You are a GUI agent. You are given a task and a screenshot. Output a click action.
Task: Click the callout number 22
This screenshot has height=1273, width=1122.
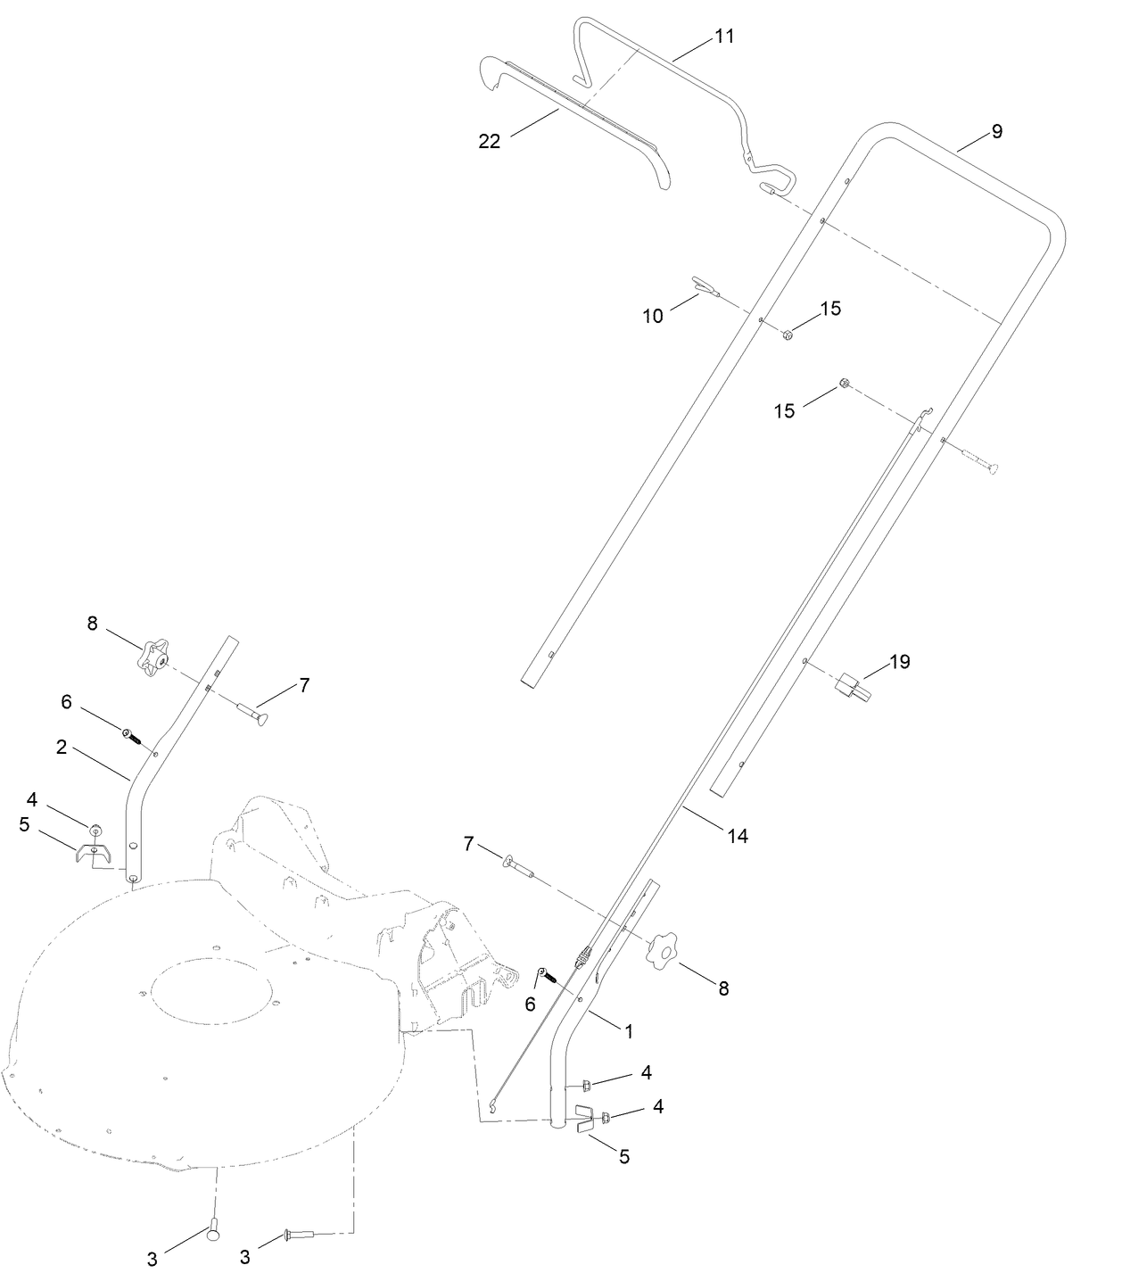[x=490, y=141]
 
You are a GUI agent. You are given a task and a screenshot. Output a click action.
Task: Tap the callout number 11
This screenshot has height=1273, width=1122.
[x=724, y=37]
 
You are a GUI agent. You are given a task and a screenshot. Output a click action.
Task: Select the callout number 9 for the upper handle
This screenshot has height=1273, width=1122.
[x=996, y=131]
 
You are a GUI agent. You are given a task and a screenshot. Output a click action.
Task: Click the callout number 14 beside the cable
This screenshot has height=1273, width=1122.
[x=737, y=836]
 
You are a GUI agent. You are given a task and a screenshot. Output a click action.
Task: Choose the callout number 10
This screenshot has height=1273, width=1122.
[x=653, y=316]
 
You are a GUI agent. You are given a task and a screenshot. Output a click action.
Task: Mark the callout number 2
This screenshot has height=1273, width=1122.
[x=62, y=747]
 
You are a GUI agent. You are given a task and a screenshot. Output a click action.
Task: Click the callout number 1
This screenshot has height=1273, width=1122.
[x=628, y=1031]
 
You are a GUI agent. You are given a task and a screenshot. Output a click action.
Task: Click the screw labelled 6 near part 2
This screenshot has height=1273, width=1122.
[x=133, y=736]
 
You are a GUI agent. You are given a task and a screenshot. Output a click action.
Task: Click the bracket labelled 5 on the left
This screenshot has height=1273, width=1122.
[x=92, y=855]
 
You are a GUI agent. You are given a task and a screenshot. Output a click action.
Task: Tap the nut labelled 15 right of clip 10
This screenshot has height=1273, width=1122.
[x=788, y=335]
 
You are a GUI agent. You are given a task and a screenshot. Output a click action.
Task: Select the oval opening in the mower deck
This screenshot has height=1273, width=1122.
[x=211, y=990]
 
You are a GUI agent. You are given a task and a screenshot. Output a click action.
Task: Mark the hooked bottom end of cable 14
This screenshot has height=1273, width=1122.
[x=492, y=1109]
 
